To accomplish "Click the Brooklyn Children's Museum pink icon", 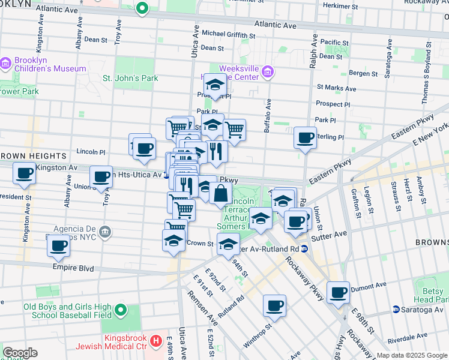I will coord(5,62).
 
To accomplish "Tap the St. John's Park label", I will coord(130,78).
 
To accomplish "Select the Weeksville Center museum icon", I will coord(268,73).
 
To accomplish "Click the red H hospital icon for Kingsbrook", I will coord(157,341).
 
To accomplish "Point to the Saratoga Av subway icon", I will coord(396,309).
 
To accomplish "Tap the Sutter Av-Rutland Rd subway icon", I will coord(305,248).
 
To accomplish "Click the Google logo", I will coord(19,353).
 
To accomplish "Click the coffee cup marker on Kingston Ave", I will coord(25,174).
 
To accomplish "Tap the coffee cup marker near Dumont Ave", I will coord(339,292).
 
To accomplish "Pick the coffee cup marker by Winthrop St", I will coord(274,305).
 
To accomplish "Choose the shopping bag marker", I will coord(221,193).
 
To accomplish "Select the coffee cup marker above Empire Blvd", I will coord(59,245).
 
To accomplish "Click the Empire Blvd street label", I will coord(73,268).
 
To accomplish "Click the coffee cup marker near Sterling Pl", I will coord(306,138).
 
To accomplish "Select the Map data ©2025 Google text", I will coord(412,355).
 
